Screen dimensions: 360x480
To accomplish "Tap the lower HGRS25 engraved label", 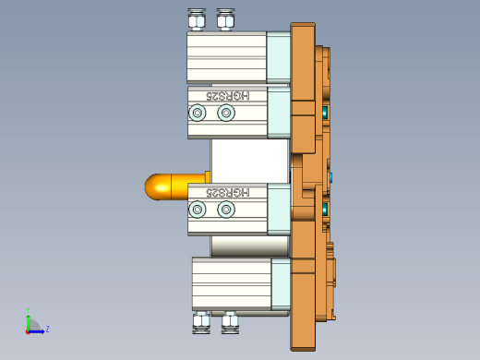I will point(226,192).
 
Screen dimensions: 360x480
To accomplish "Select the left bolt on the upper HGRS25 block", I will point(197,113).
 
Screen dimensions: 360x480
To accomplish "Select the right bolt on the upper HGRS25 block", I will point(226,113).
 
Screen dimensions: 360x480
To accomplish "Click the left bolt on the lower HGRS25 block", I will point(197,210).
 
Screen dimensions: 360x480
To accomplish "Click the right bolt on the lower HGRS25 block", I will point(226,210).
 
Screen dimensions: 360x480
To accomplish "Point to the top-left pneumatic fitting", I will point(197,19).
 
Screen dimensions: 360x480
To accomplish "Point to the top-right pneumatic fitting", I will point(224,19).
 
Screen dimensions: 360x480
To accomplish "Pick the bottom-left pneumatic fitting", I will point(201,322).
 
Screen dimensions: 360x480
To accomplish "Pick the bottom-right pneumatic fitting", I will point(229,322).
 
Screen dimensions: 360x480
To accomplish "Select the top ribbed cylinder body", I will point(226,57).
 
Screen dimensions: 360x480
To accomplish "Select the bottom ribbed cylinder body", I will point(231,283).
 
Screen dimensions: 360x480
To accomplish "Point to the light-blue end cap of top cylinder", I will point(278,57).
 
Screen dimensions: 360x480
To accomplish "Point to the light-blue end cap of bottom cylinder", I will point(282,283).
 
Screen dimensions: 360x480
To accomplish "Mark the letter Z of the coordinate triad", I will point(47,329).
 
